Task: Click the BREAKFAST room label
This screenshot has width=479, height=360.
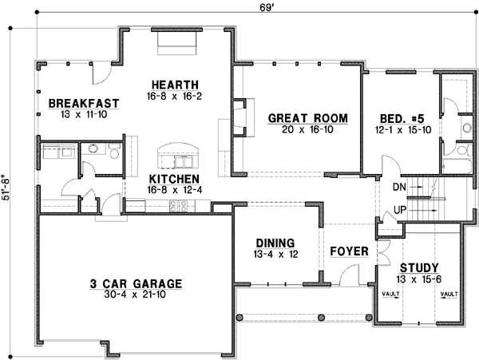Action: click(x=83, y=103)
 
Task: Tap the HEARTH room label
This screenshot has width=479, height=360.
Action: click(x=175, y=85)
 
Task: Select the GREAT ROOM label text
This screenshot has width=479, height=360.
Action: click(x=307, y=118)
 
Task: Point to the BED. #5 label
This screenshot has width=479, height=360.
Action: click(x=404, y=119)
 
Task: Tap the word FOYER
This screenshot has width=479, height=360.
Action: click(x=350, y=251)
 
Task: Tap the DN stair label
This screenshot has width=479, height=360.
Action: click(x=401, y=188)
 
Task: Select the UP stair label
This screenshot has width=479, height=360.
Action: click(x=401, y=210)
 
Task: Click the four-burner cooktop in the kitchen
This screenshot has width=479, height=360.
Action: click(x=178, y=205)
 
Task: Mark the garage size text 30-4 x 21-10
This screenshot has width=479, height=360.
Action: click(x=135, y=295)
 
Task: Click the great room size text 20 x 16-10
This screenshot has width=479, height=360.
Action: click(x=307, y=129)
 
